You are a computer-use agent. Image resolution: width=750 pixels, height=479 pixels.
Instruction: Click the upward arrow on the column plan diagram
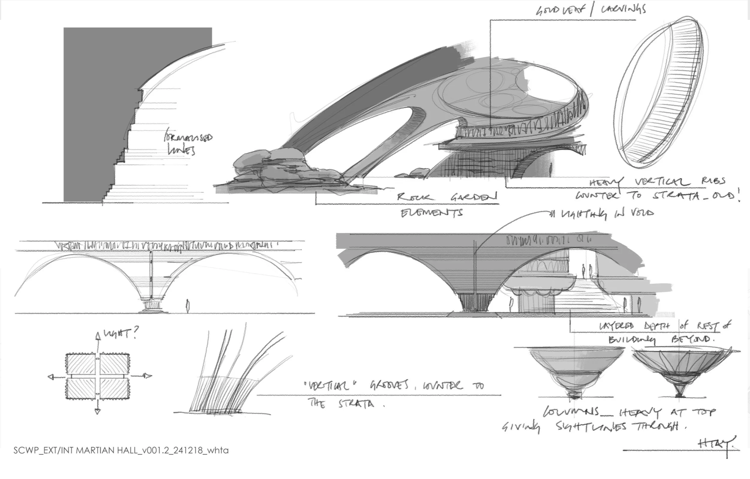point(98,337)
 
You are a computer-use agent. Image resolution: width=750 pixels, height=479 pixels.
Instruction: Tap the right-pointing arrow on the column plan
point(148,376)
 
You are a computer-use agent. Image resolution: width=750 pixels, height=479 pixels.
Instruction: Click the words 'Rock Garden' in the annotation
point(447,197)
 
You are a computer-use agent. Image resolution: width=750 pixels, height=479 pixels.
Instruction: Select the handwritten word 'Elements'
point(431,213)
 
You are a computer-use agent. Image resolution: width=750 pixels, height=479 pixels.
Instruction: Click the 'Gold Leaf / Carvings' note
point(590,10)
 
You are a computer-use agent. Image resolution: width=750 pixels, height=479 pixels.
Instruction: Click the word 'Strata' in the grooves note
point(356,404)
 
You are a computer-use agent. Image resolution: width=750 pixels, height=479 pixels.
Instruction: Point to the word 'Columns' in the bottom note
point(571,412)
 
